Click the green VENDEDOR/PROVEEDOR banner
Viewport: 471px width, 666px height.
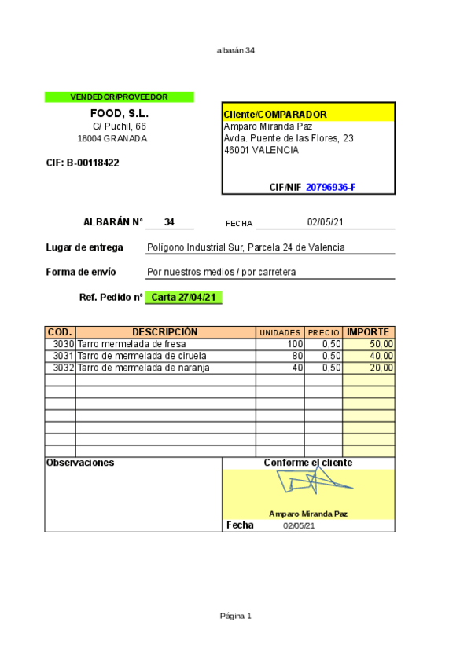[x=119, y=97]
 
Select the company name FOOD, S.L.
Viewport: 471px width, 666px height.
[x=119, y=113]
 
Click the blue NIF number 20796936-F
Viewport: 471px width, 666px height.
[x=330, y=187]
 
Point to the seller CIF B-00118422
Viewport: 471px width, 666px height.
[x=83, y=163]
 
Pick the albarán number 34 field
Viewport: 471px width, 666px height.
[x=169, y=222]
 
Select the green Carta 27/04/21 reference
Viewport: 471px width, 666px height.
[x=184, y=298]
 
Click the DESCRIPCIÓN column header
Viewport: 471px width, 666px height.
[x=165, y=332]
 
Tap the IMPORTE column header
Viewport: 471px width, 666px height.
[x=368, y=332]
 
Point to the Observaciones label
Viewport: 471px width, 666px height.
[x=80, y=463]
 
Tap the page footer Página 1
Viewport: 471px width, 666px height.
[x=235, y=616]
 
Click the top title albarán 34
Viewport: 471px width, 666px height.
[x=235, y=50]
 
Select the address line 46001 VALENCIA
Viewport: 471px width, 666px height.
[x=261, y=150]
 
